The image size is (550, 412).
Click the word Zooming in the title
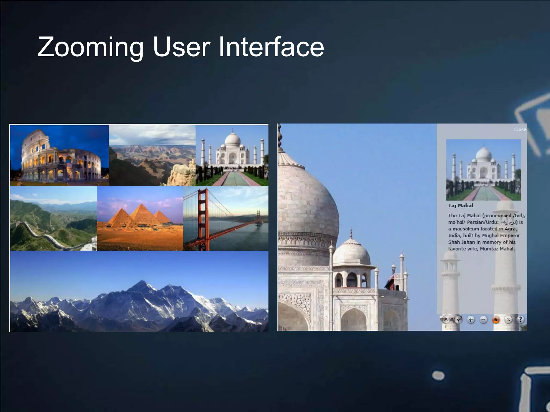coord(90,47)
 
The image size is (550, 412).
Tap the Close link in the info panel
coord(520,130)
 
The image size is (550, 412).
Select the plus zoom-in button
coord(471,320)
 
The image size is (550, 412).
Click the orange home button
coord(496,320)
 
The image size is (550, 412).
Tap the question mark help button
coord(520,319)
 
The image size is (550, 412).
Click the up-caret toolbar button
coord(446,319)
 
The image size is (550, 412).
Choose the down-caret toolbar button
coord(458,319)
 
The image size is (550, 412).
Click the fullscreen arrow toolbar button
coord(508,320)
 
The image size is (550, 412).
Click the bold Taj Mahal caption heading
coord(461,206)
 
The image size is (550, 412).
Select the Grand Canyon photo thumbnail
coord(152,156)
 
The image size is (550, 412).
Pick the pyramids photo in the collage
coord(140,219)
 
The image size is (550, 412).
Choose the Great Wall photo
coord(53,219)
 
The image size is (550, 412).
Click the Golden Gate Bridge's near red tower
coord(203,219)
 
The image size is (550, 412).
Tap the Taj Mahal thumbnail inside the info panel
coord(483,170)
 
